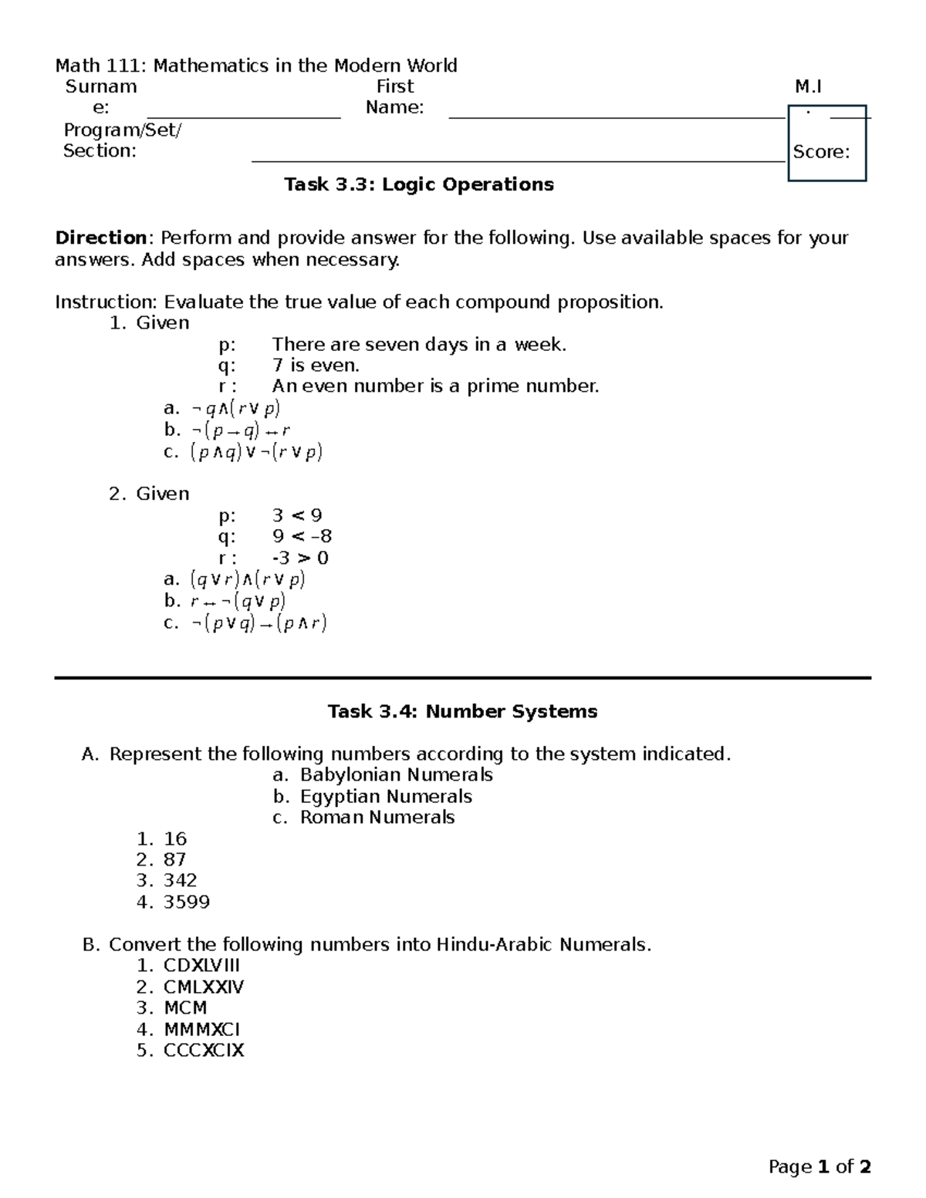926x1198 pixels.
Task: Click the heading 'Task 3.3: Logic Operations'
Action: pyautogui.click(x=418, y=184)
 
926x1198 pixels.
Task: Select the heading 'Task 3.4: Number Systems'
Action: pyautogui.click(x=462, y=711)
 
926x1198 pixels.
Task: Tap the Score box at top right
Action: pyautogui.click(x=826, y=144)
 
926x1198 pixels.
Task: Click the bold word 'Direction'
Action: pyautogui.click(x=100, y=238)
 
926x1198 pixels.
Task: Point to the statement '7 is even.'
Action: pyautogui.click(x=316, y=365)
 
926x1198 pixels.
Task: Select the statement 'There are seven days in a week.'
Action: pyautogui.click(x=419, y=344)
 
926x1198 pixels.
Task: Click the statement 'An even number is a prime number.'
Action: pyautogui.click(x=435, y=386)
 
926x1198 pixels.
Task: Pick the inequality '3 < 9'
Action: pyautogui.click(x=297, y=515)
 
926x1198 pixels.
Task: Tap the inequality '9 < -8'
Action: pyautogui.click(x=302, y=536)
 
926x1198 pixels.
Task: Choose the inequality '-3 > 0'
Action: pyautogui.click(x=300, y=558)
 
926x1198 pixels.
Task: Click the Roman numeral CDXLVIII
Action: pyautogui.click(x=201, y=965)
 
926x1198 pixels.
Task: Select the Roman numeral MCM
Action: pyautogui.click(x=185, y=1007)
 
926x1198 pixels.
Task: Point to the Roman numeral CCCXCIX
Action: pyautogui.click(x=204, y=1050)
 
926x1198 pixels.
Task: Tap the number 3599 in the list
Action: pyautogui.click(x=187, y=902)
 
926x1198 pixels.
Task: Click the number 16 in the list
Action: pyautogui.click(x=175, y=839)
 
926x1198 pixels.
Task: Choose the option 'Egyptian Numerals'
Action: pyautogui.click(x=386, y=796)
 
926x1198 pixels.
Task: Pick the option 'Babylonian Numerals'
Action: pyautogui.click(x=396, y=774)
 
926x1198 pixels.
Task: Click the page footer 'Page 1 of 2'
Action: pyautogui.click(x=820, y=1166)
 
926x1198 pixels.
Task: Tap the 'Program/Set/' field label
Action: pyautogui.click(x=123, y=130)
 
